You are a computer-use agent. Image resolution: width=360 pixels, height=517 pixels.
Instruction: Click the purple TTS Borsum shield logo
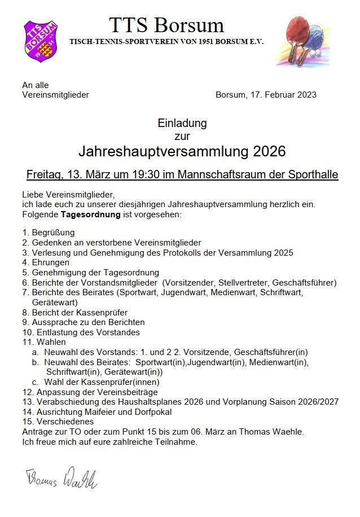point(41,41)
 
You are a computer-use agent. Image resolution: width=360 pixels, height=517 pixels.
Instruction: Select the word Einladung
point(182,123)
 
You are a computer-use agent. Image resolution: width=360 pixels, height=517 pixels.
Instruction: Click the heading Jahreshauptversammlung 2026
point(182,151)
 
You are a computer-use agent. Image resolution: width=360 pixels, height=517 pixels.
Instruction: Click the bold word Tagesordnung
point(95,214)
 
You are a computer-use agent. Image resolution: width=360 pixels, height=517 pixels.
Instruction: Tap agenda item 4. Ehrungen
point(46,262)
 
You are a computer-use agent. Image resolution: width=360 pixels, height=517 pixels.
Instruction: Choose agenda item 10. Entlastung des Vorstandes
point(81,332)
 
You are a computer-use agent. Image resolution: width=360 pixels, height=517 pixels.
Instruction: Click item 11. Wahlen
point(44,342)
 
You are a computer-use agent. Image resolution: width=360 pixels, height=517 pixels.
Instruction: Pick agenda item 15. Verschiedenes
point(58,422)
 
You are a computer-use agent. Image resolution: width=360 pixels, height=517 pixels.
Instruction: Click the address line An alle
point(36,85)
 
